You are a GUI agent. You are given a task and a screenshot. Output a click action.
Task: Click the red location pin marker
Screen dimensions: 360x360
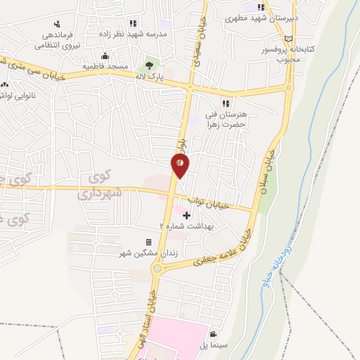180,165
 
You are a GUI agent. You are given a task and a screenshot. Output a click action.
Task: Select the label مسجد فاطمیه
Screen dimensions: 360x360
105,66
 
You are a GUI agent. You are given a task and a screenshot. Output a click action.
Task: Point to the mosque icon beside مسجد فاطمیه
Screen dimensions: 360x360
105,56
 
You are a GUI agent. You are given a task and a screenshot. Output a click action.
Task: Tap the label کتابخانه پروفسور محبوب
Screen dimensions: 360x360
288,55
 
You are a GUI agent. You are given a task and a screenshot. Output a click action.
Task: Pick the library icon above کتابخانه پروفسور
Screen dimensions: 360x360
288,39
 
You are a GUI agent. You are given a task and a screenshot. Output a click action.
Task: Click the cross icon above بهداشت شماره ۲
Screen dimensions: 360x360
186,215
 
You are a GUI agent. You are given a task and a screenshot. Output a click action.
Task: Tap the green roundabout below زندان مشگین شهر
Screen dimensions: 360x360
157,268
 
